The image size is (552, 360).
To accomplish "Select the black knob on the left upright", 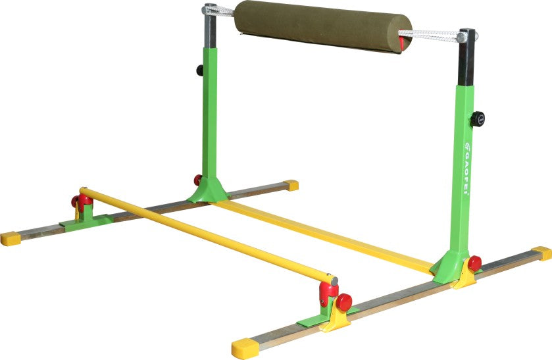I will [199, 70].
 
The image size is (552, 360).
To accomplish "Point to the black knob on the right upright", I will [477, 119].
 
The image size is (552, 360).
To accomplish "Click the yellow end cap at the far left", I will [10, 238].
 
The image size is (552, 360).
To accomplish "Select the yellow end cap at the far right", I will [542, 253].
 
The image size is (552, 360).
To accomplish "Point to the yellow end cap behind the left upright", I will [291, 186].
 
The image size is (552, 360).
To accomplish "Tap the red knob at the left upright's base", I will [197, 180].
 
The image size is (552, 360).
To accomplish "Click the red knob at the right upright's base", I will [474, 263].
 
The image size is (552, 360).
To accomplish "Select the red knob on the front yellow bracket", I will [344, 302].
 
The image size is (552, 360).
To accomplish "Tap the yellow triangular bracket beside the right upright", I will [465, 274].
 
